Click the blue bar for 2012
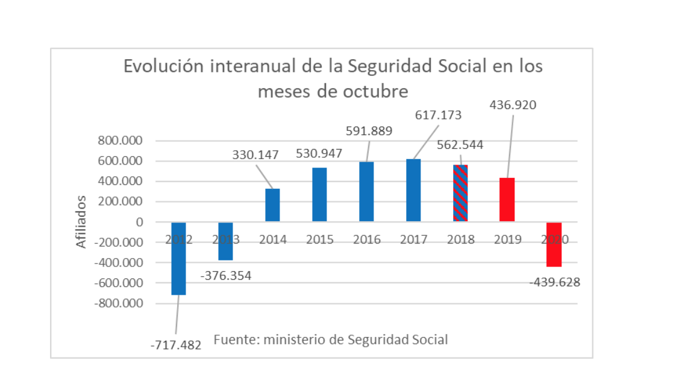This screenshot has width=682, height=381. click(x=178, y=265)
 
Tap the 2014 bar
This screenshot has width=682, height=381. click(x=272, y=205)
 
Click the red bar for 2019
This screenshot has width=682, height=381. click(x=507, y=200)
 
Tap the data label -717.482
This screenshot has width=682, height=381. click(x=175, y=347)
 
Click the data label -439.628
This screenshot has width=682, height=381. click(x=555, y=282)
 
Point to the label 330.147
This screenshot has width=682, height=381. click(x=255, y=155)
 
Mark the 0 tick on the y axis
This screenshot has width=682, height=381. click(x=140, y=222)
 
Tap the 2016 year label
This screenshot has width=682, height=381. click(x=366, y=239)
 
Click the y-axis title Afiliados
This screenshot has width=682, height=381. click(x=81, y=222)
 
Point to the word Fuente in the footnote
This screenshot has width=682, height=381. click(x=234, y=339)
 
